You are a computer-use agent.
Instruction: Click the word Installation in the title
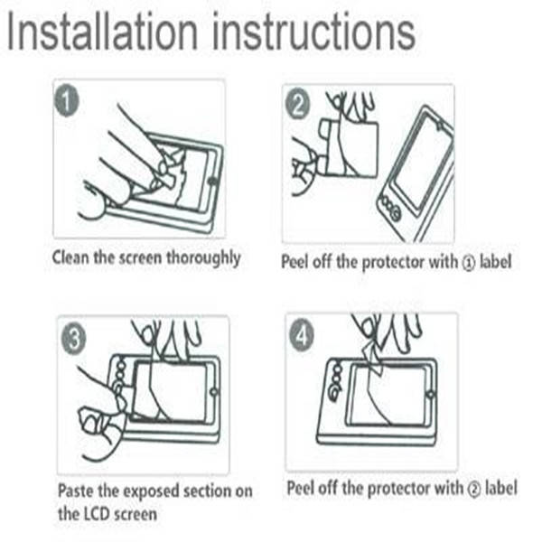[x=104, y=33]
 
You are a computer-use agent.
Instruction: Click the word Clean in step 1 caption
[x=71, y=258]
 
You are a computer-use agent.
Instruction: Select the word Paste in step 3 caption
[x=76, y=492]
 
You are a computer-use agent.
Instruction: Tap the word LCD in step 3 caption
[x=98, y=515]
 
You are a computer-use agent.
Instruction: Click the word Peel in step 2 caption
[x=297, y=262]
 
